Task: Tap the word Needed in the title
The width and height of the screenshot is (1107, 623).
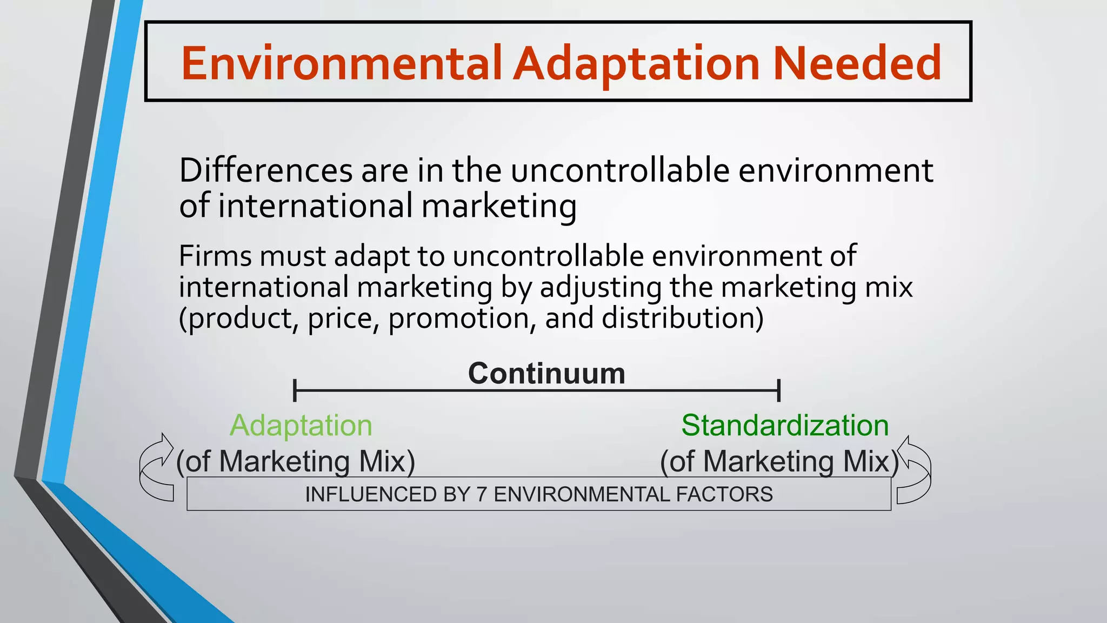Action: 857,63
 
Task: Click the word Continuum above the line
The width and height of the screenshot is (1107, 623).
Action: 546,373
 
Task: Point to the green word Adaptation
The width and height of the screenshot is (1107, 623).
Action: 301,426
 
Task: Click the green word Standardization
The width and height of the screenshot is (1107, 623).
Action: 785,426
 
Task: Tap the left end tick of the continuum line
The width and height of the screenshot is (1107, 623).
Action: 295,390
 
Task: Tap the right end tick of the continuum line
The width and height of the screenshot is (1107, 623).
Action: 778,390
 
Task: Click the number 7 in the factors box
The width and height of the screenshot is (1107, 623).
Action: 482,494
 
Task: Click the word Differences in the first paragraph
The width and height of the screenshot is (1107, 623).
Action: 266,170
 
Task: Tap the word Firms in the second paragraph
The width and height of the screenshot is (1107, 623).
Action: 215,256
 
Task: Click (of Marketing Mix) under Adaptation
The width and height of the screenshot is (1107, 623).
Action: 296,461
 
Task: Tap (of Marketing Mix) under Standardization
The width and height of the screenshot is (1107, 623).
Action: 778,461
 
